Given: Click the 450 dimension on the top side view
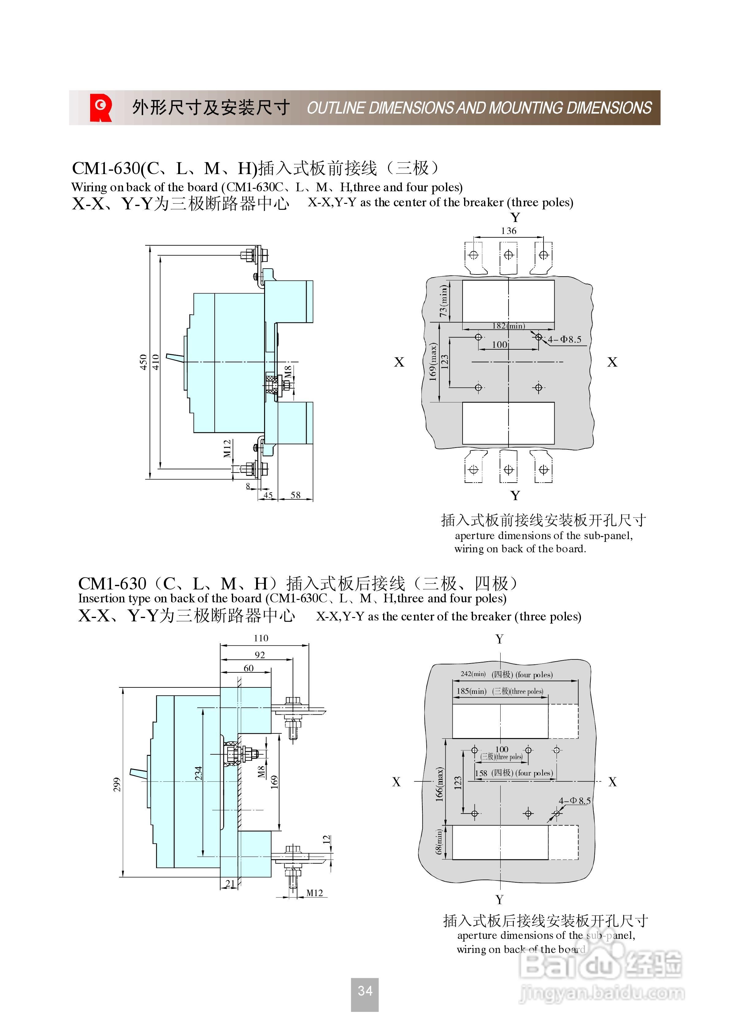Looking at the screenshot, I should tap(144, 362).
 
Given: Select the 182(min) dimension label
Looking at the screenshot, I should tap(509, 326).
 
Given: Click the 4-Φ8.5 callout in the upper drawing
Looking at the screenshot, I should tap(564, 340).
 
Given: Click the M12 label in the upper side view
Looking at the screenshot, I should tap(227, 449).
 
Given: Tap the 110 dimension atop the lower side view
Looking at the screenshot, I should tap(261, 639).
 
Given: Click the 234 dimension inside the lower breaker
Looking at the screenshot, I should tap(198, 773).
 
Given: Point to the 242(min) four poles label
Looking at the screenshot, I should tap(506, 674).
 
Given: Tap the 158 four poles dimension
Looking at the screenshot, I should tap(513, 773).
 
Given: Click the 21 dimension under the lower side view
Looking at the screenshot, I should tap(230, 884).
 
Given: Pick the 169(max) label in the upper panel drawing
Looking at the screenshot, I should tap(433, 362).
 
